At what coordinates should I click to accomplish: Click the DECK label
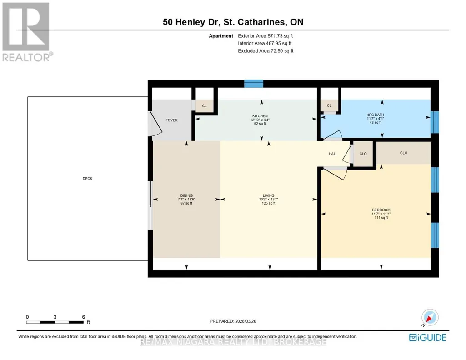point(87,179)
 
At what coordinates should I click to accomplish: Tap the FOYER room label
point(171,120)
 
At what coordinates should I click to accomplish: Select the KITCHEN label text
point(260,116)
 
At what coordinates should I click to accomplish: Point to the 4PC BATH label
point(376,115)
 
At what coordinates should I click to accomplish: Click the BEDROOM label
point(381,210)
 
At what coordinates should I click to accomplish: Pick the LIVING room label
point(268,195)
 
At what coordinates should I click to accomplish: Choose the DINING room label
point(186,195)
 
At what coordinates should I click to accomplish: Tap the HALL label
point(333,154)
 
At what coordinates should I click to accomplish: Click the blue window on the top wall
point(254,84)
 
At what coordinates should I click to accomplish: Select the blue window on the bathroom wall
point(435,122)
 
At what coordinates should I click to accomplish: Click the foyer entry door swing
point(155,124)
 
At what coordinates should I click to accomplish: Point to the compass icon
point(430,318)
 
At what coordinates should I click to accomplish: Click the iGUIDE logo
point(427,337)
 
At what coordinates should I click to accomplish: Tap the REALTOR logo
point(27,32)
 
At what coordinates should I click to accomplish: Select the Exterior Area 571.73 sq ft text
point(266,35)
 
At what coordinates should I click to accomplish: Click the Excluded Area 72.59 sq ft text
point(266,51)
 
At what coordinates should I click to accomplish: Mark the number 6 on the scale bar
point(84,317)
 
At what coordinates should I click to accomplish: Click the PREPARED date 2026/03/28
point(246,321)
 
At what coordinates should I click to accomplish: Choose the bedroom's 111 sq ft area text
point(381,217)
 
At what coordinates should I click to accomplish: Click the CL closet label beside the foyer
point(204,106)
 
